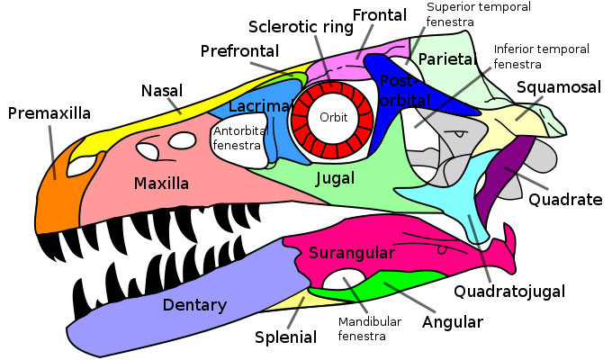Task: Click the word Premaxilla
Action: click(49, 113)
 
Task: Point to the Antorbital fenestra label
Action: click(238, 137)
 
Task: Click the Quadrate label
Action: click(565, 200)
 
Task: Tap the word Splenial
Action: click(285, 337)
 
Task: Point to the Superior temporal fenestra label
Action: click(477, 13)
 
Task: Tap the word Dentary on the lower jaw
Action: click(194, 304)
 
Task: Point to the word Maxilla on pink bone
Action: click(161, 184)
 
